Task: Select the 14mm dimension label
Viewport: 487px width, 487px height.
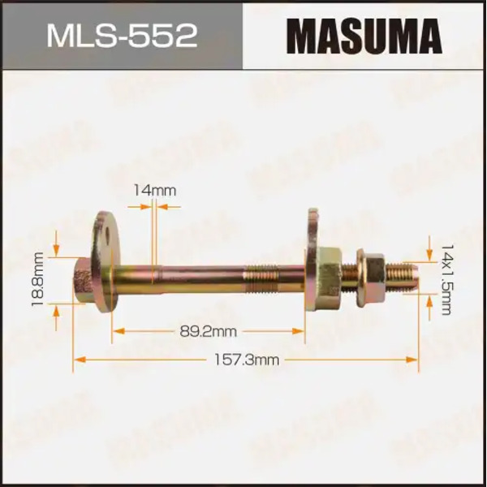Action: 154,191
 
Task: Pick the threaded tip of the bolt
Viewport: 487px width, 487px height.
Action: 403,274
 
